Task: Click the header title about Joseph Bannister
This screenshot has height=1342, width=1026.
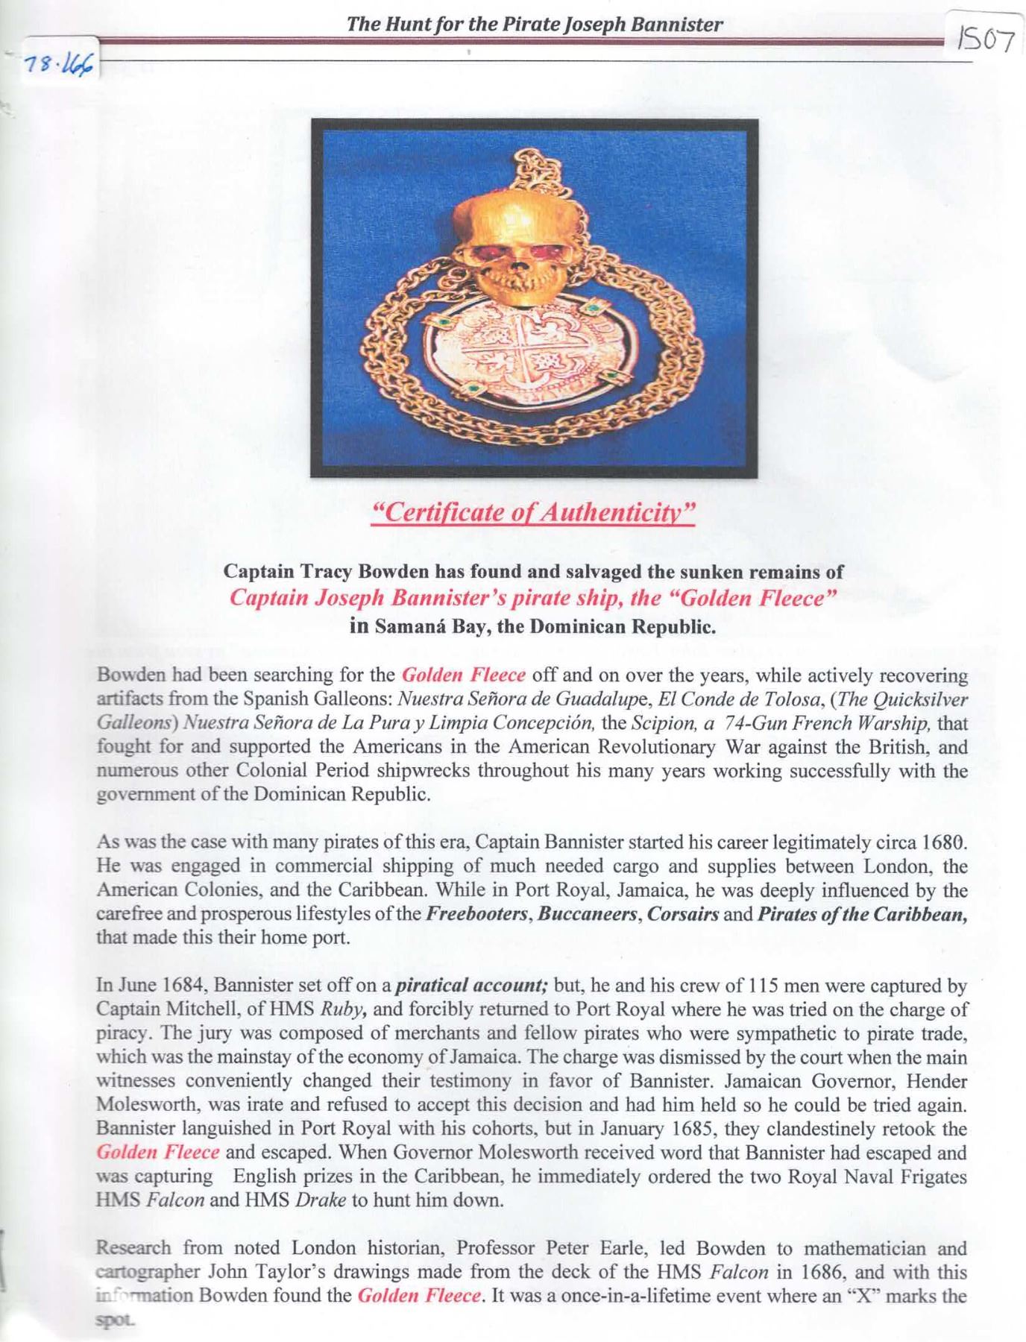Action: pos(534,25)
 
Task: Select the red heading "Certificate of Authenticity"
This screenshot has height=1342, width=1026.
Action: pos(534,513)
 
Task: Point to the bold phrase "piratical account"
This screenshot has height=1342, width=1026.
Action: pos(471,986)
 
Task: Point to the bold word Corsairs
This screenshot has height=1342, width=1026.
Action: pos(681,914)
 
